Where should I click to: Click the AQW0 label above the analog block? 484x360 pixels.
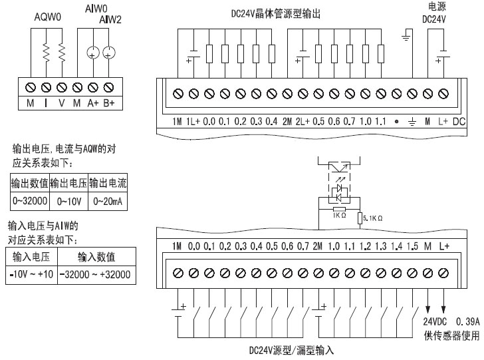48,17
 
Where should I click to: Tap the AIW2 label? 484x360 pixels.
110,20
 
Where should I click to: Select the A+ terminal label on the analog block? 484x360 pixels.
93,103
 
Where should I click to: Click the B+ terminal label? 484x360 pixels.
108,103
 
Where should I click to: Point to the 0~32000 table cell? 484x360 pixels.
30,201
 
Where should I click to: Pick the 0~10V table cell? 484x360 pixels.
69,202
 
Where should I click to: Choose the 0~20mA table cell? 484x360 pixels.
108,202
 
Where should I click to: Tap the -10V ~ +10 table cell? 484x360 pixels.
31,274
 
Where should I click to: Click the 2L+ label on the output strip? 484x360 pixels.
302,122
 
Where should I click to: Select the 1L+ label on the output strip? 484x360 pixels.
193,122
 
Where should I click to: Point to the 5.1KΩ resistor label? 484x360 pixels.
372,218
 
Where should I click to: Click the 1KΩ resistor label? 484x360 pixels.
340,215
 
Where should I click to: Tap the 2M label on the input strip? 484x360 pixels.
318,246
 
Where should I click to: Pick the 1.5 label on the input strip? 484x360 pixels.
412,246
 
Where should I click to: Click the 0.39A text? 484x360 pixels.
468,321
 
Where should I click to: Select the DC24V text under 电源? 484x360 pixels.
434,19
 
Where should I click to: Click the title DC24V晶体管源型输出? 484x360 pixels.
276,14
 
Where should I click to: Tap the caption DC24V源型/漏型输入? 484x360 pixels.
291,350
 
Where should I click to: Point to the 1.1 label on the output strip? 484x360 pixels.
380,122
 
